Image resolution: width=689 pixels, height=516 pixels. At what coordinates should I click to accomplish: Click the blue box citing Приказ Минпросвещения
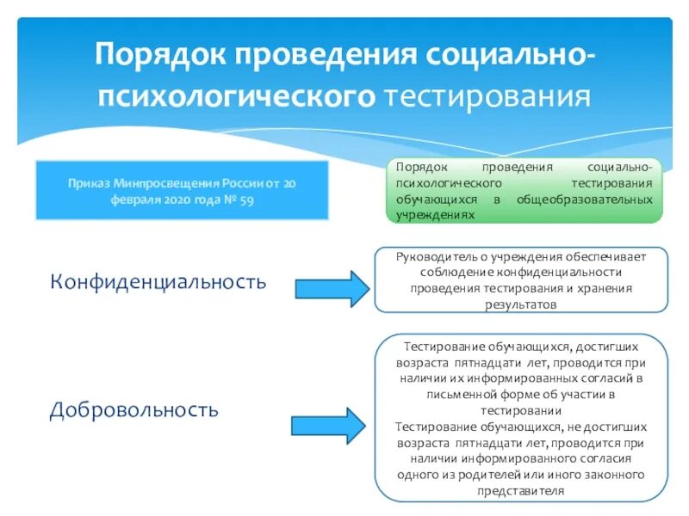click(x=182, y=190)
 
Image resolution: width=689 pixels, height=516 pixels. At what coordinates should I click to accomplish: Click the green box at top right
click(x=524, y=190)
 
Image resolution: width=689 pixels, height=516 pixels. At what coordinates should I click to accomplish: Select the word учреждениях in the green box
click(x=434, y=215)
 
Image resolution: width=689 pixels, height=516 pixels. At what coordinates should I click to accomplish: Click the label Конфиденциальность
click(x=158, y=281)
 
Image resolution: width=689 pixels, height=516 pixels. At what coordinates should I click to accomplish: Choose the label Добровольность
click(x=134, y=409)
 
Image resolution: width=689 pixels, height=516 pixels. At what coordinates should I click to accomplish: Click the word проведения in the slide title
click(x=321, y=56)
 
